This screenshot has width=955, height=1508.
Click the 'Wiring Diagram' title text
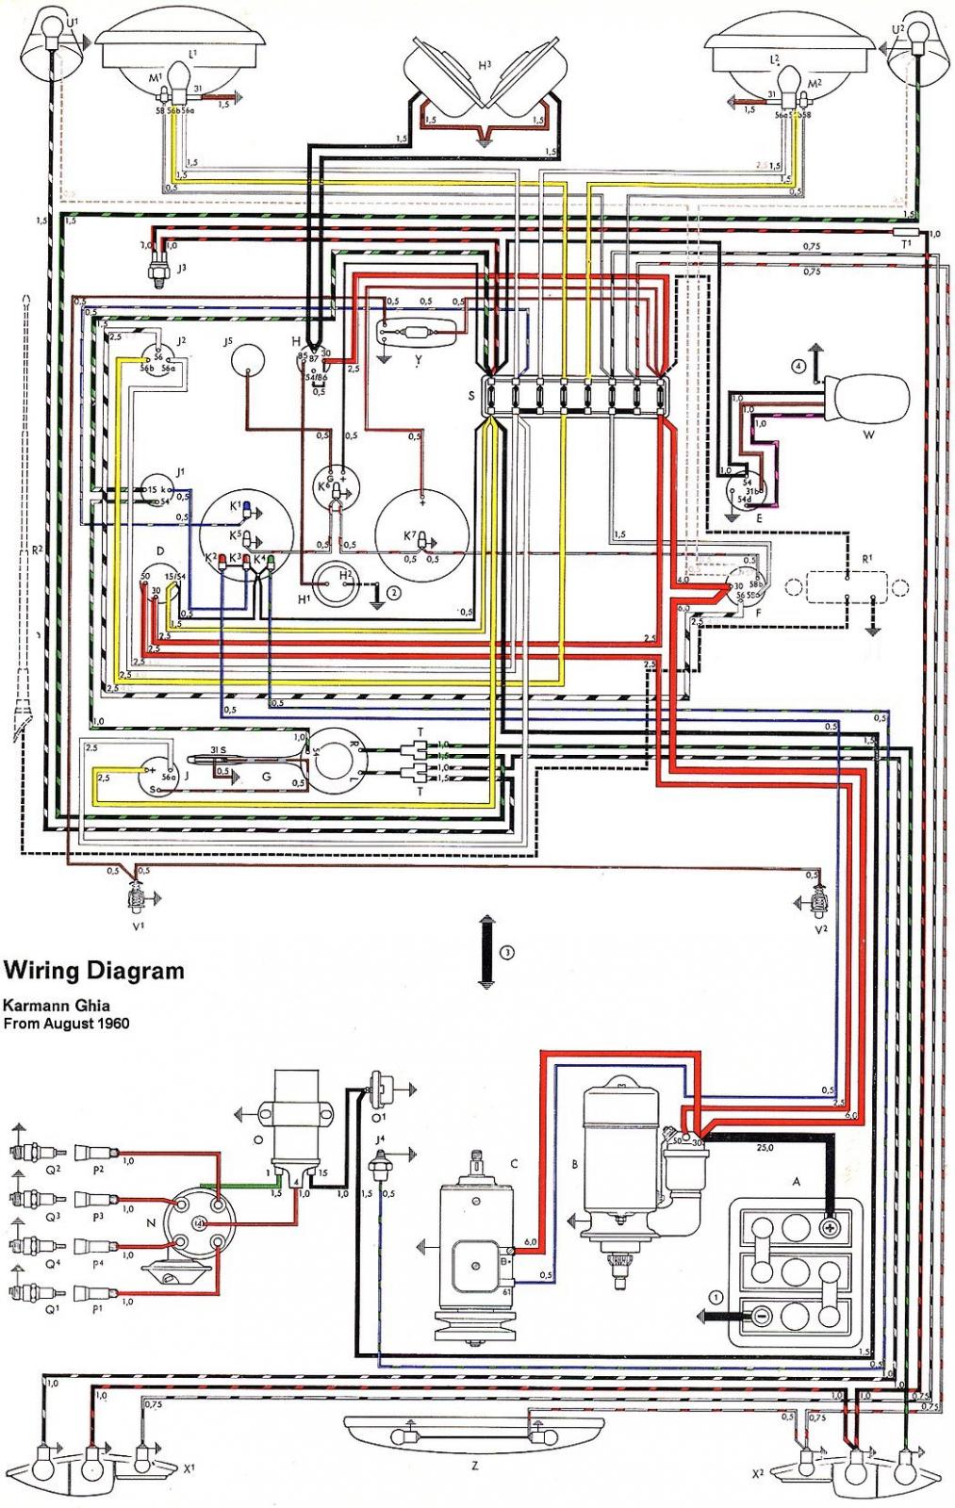(93, 970)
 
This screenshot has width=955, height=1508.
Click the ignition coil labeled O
(298, 1122)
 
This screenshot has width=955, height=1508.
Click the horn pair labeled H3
(485, 80)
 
